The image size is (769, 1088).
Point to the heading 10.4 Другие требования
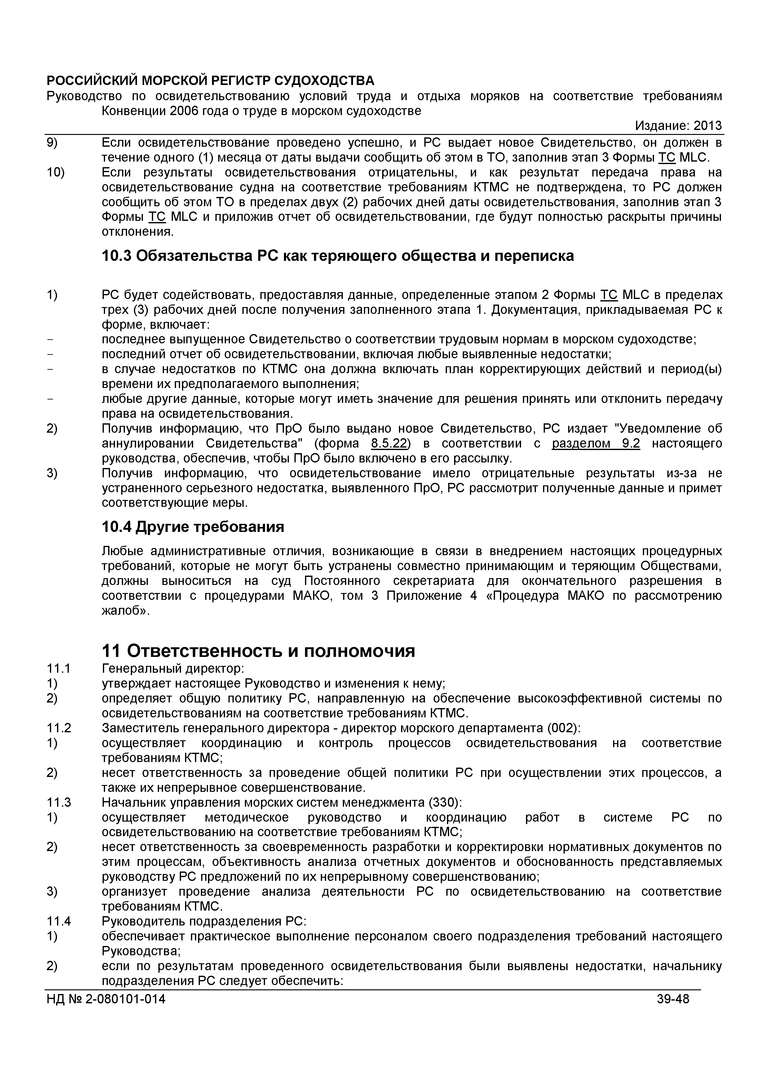pos(193,527)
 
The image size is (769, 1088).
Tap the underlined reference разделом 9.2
pos(596,444)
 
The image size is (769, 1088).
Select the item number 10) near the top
pos(55,172)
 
